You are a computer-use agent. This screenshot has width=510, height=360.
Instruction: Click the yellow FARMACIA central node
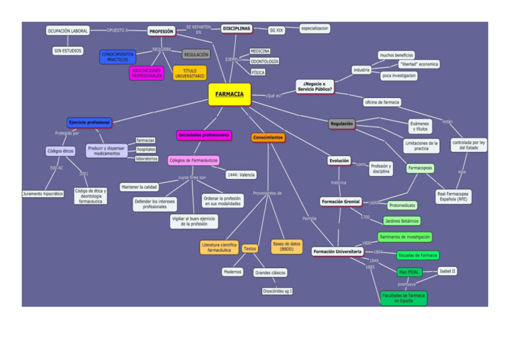click(229, 94)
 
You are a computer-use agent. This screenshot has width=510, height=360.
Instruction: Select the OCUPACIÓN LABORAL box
click(68, 31)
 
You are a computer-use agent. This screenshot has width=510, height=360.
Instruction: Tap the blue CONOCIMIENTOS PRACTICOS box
click(118, 57)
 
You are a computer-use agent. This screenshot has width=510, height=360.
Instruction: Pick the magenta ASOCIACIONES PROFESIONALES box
click(146, 73)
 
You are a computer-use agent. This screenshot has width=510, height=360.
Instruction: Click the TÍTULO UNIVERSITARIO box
click(190, 73)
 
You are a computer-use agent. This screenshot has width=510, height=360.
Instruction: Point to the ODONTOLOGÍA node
click(265, 62)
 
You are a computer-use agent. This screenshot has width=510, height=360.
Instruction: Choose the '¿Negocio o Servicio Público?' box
click(315, 87)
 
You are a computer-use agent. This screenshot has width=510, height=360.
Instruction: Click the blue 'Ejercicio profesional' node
click(89, 122)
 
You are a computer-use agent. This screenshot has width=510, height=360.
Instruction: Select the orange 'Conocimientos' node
click(268, 138)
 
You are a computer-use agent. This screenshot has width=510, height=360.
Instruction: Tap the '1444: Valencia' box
click(241, 175)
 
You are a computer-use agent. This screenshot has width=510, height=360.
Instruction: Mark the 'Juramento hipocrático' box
click(43, 194)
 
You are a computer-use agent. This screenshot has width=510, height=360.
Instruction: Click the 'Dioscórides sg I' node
click(277, 291)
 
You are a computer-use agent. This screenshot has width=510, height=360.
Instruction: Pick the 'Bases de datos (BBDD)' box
click(287, 246)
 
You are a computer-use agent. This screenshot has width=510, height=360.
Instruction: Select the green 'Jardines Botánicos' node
click(402, 221)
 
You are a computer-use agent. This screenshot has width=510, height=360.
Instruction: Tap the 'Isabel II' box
click(447, 271)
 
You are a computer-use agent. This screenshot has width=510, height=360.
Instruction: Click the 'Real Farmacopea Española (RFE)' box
click(453, 197)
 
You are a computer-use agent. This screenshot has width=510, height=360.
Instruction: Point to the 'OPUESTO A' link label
click(118, 30)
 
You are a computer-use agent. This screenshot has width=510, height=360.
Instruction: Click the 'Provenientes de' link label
click(268, 194)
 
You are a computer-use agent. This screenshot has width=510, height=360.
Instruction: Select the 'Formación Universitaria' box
click(337, 252)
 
